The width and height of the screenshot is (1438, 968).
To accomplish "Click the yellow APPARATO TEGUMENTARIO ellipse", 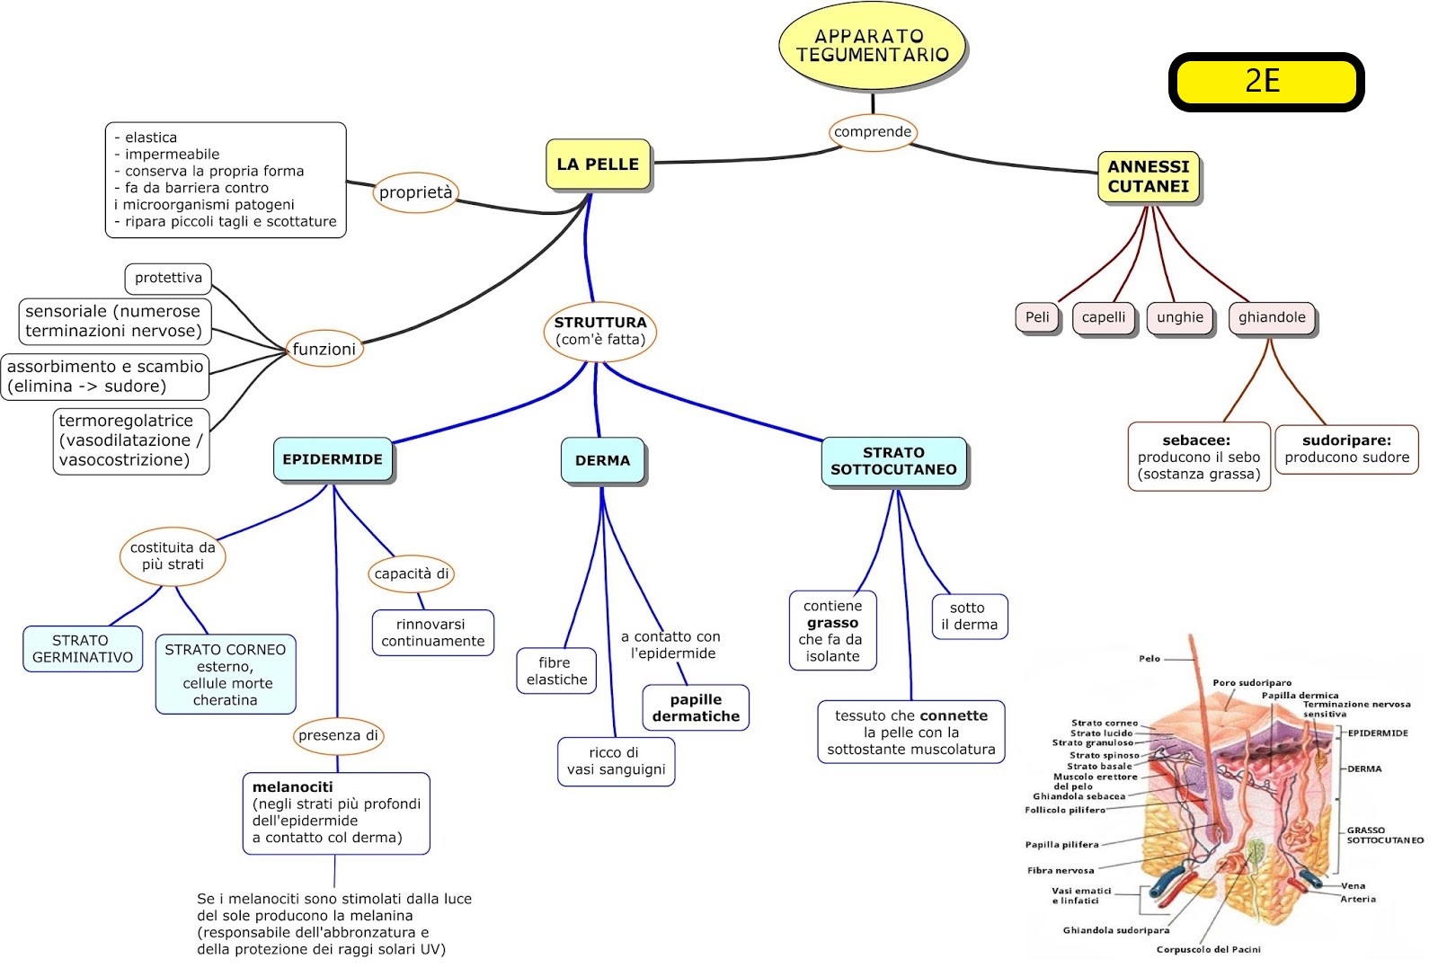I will coord(871,46).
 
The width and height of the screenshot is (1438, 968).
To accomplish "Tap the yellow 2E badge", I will coord(1265,82).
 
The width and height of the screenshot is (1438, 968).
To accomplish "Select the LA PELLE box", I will coord(598,164).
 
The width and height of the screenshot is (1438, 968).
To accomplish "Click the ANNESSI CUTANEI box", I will coord(1148,176).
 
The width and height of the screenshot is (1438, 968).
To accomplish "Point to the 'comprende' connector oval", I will coord(872,132).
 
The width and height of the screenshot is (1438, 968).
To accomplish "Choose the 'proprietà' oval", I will coord(415,192).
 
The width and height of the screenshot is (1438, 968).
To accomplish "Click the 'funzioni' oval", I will coord(324,349).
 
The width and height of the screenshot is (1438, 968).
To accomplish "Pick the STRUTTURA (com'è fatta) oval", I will coord(599,331).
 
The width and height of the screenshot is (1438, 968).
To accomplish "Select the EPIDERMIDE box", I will coord(333,459).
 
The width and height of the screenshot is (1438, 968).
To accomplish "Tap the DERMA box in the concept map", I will coord(602,460).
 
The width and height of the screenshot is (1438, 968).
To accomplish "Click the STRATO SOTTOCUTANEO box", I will coord(893,461).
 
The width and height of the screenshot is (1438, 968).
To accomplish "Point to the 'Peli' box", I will coord(1037,317).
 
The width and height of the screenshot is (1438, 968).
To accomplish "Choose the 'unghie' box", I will coord(1179,317).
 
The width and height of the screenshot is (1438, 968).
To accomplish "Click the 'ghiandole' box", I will coord(1271,317).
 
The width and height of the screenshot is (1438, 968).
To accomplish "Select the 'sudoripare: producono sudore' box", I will coord(1346,448).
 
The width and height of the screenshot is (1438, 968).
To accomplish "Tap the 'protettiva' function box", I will coord(168,278).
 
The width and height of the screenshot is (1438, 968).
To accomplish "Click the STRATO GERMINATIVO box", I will coord(82,649).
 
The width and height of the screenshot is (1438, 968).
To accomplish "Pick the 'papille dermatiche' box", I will coord(696,708).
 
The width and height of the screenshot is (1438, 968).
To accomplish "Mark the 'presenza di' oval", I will coord(338,735).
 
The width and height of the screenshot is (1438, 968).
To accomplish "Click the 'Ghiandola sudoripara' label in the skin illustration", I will coord(1115,930).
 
